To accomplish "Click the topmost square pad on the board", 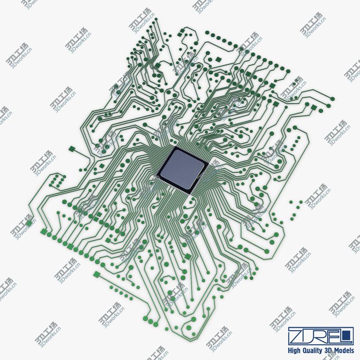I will tap(182, 31).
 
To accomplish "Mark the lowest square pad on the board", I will tap(96, 274).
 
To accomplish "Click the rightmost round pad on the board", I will tap(333, 99).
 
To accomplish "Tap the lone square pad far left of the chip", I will tap(71, 148).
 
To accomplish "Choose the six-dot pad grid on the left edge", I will tap(55, 180).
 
